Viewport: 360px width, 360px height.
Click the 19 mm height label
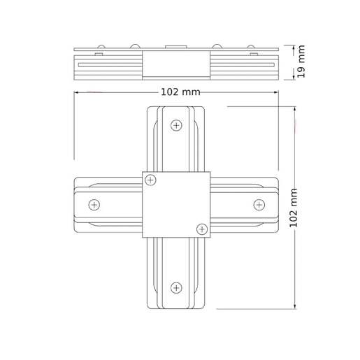pyautogui.click(x=302, y=62)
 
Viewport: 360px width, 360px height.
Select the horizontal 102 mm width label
pyautogui.click(x=180, y=92)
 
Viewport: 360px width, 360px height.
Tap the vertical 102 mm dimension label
pyautogui.click(x=294, y=207)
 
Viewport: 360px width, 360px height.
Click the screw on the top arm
pyautogui.click(x=176, y=126)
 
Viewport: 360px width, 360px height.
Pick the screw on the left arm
pyautogui.click(x=94, y=205)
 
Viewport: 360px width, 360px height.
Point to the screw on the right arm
pyautogui.click(x=259, y=205)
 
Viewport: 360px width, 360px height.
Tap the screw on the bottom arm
pyautogui.click(x=176, y=287)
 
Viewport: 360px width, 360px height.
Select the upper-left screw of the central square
pyautogui.click(x=150, y=181)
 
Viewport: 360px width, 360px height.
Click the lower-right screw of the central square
pyautogui.click(x=202, y=229)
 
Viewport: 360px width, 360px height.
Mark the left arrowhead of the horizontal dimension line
pyautogui.click(x=77, y=92)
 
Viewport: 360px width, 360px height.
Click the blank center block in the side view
pyautogui.click(x=176, y=65)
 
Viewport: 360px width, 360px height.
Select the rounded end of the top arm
pyautogui.click(x=176, y=109)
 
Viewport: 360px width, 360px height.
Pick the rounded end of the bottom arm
pyautogui.click(x=176, y=305)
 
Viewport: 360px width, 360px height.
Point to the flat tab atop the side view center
pyautogui.click(x=176, y=48)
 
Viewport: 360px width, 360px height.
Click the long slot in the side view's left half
pyautogui.click(x=109, y=64)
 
